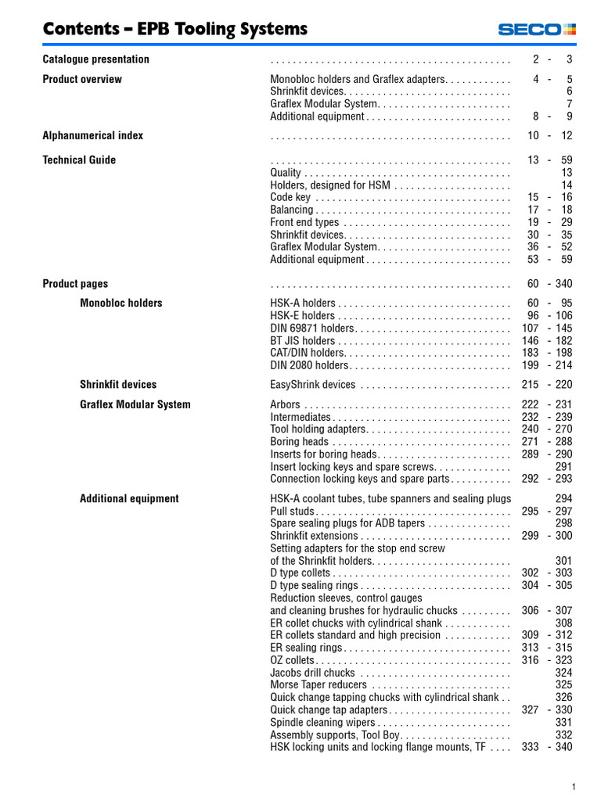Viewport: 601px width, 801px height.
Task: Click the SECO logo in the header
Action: click(535, 30)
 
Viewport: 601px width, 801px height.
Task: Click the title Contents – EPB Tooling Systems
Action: click(175, 30)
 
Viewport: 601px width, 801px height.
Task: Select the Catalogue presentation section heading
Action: click(95, 59)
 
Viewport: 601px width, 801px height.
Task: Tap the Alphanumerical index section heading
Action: click(92, 135)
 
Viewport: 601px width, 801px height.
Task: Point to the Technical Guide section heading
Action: click(79, 160)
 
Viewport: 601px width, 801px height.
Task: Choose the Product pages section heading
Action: click(75, 284)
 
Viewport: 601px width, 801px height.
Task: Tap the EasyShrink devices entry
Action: click(312, 385)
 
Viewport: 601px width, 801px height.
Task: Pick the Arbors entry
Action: click(285, 405)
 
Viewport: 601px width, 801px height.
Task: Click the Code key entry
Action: click(290, 198)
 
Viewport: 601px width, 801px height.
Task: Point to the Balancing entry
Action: click(292, 210)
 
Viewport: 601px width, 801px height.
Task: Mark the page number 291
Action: click(563, 466)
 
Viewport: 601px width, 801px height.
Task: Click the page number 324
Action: click(563, 673)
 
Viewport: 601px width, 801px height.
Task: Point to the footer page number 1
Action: click(574, 787)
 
